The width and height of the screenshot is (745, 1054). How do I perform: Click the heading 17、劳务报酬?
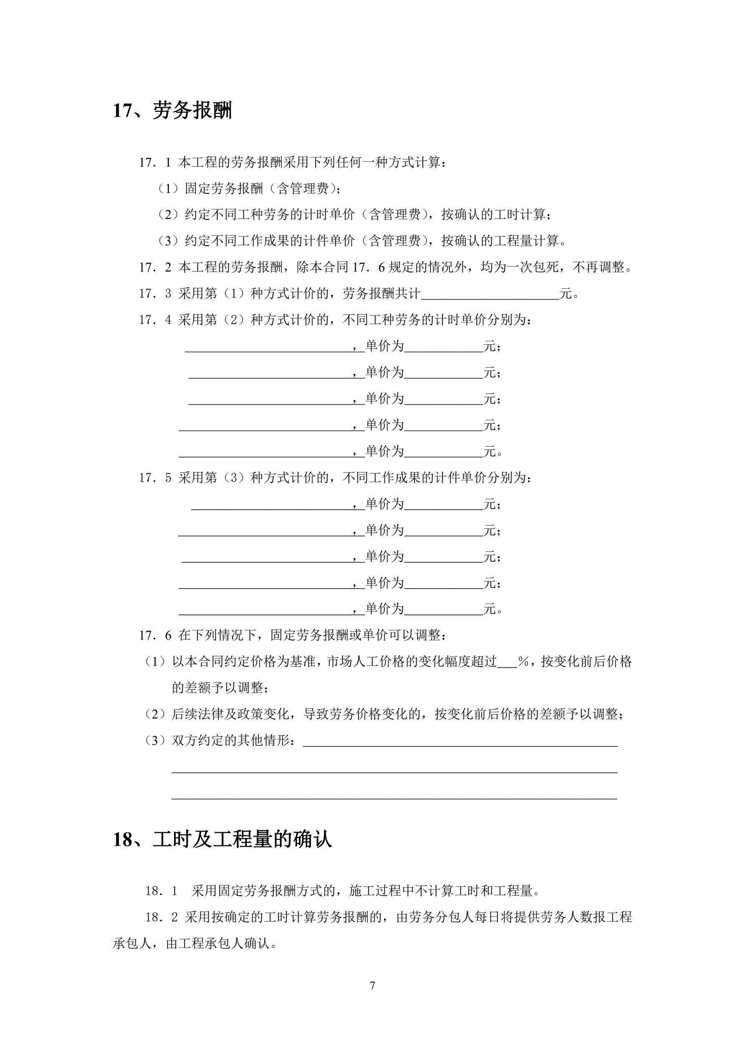tap(172, 111)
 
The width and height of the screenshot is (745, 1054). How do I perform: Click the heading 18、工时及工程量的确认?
tap(222, 840)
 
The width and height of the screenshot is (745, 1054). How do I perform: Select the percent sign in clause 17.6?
tap(523, 661)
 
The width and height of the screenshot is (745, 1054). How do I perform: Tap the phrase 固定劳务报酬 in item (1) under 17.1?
tap(224, 189)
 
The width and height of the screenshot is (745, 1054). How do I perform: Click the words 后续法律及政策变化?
tap(230, 714)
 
